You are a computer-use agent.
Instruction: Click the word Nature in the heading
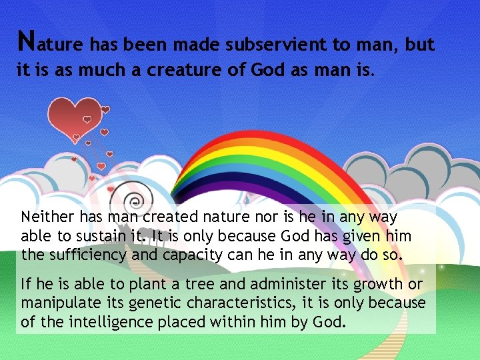point(50,43)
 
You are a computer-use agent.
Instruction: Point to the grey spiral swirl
point(137,199)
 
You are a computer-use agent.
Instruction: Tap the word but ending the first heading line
point(419,45)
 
